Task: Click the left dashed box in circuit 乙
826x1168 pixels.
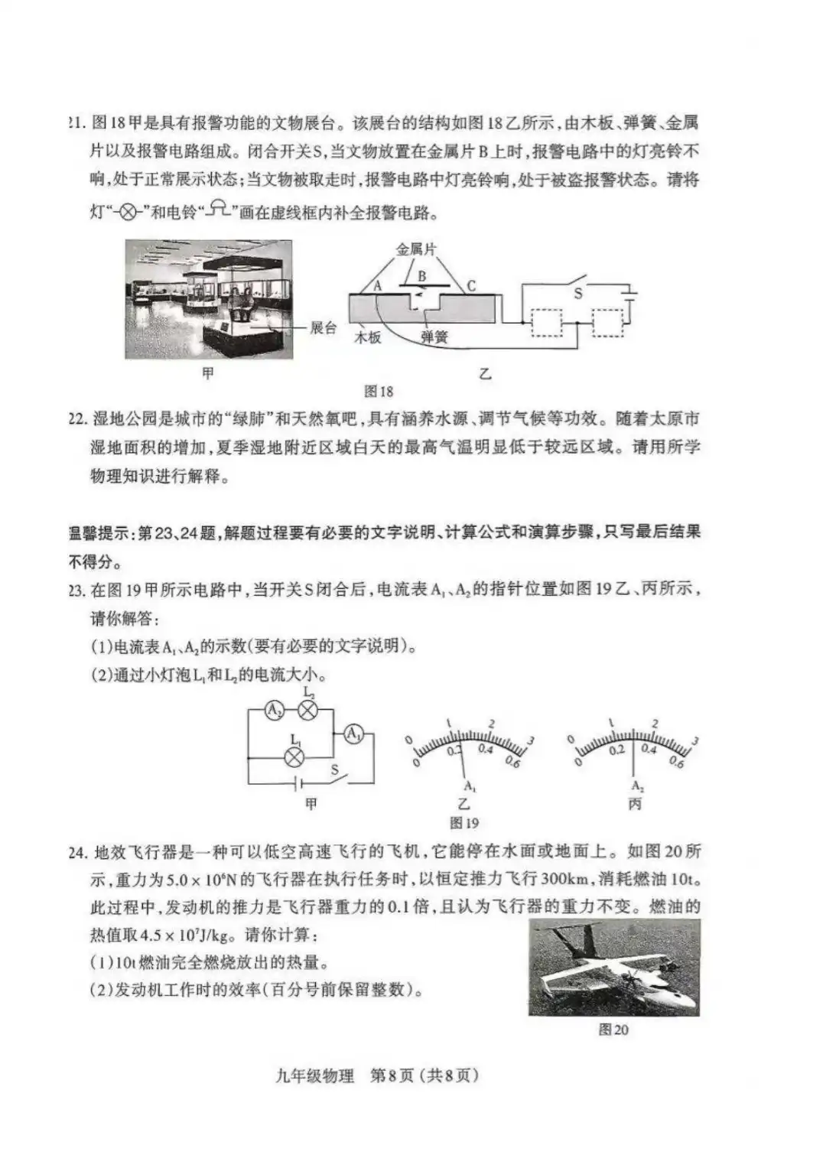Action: tap(546, 323)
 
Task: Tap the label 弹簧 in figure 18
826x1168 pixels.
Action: tap(434, 337)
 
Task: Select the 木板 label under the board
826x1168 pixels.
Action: tap(367, 337)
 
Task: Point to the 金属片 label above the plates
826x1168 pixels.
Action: tap(416, 249)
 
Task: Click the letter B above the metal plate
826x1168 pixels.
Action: tap(421, 276)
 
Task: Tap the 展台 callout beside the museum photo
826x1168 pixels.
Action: tap(323, 328)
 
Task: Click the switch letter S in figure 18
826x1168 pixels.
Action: tap(578, 293)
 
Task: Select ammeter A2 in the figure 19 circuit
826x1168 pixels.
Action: tap(274, 711)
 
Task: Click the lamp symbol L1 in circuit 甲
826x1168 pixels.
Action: tap(294, 757)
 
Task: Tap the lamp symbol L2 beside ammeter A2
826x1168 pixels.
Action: tap(307, 711)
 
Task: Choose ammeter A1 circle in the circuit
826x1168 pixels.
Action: tap(353, 734)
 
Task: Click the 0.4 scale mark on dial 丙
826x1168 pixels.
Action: tap(649, 749)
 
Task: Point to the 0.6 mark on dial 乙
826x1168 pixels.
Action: tap(512, 762)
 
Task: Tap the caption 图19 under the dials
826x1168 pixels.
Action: tap(464, 823)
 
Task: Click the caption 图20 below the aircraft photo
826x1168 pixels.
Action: tap(613, 1030)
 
